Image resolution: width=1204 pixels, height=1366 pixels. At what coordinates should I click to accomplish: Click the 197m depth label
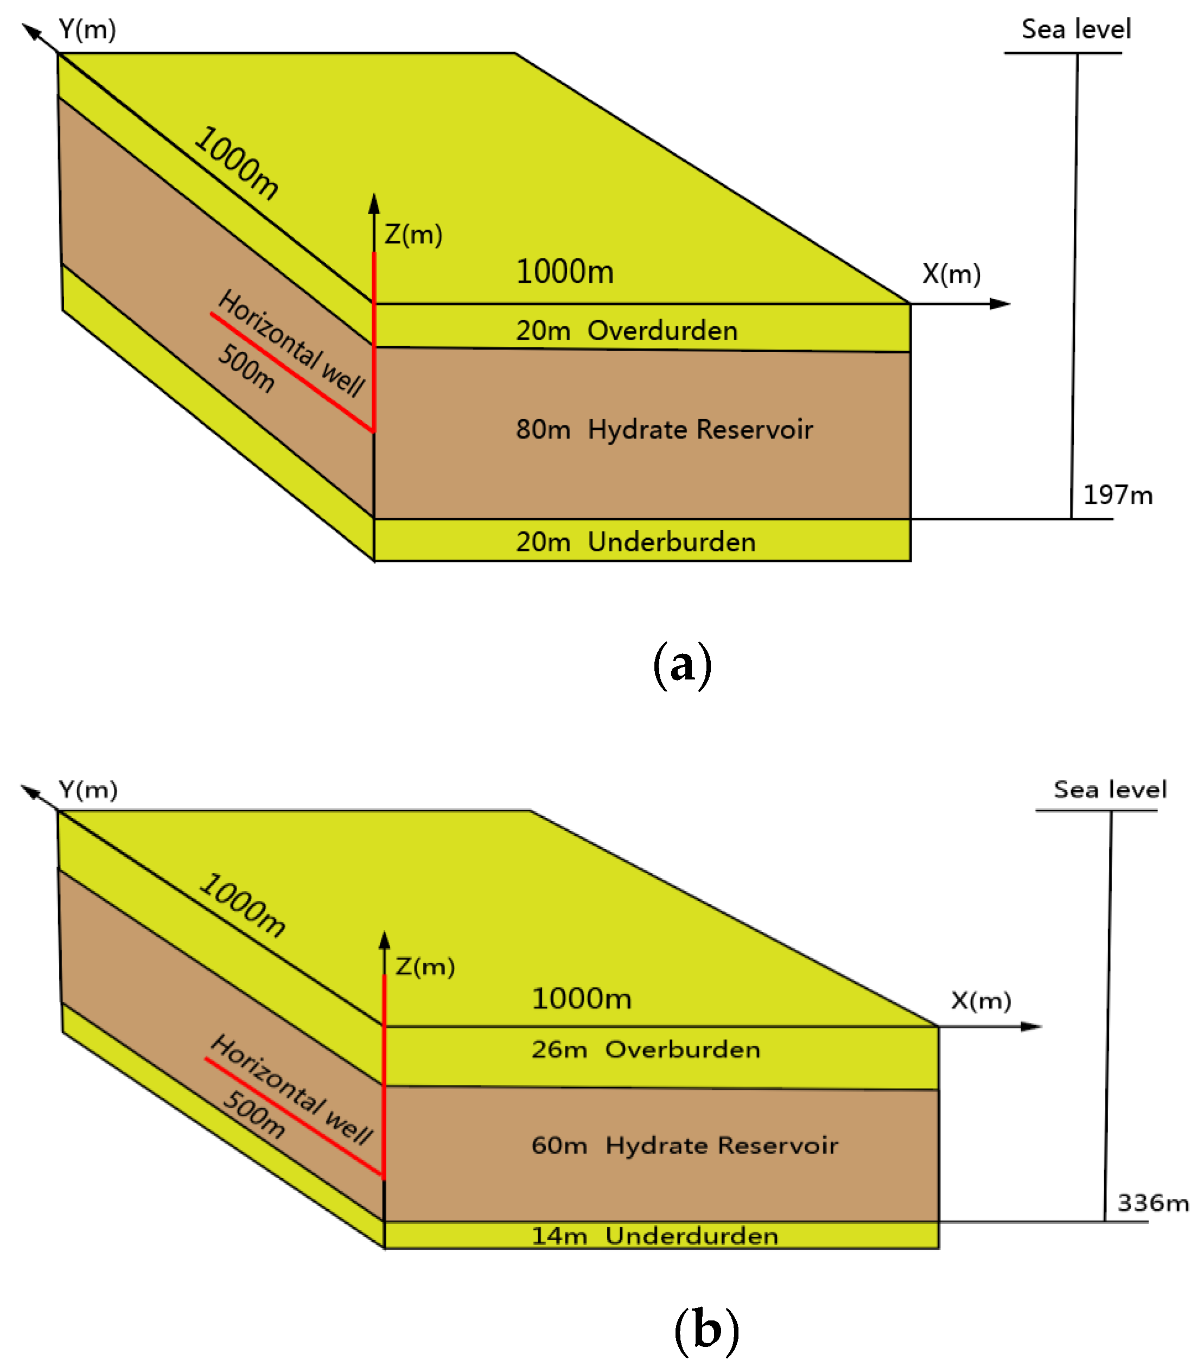pyautogui.click(x=1117, y=495)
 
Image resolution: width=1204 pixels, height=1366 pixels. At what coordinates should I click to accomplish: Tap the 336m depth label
pyautogui.click(x=1152, y=1203)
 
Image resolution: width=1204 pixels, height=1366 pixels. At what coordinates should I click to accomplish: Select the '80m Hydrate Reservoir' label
pyautogui.click(x=664, y=429)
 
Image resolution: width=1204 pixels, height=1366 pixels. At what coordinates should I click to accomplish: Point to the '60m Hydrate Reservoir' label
pyautogui.click(x=684, y=1146)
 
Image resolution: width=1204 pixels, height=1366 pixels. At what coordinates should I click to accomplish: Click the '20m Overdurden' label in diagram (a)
pyautogui.click(x=626, y=330)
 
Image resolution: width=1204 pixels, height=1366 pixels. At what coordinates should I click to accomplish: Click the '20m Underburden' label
pyautogui.click(x=635, y=541)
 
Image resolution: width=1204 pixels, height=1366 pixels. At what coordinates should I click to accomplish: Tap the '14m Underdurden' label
pyautogui.click(x=655, y=1236)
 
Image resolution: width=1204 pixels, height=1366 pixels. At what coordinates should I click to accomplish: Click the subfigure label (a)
pyautogui.click(x=681, y=665)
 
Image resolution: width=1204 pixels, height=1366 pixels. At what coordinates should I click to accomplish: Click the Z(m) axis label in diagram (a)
pyautogui.click(x=413, y=234)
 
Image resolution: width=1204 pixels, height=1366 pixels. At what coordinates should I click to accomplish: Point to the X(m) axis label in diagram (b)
pyautogui.click(x=981, y=1000)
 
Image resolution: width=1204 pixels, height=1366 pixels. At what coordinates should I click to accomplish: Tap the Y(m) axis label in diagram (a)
pyautogui.click(x=87, y=29)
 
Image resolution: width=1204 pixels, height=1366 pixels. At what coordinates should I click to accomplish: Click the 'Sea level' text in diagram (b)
pyautogui.click(x=1110, y=789)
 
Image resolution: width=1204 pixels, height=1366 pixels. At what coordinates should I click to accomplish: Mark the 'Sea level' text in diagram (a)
pyautogui.click(x=1076, y=29)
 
